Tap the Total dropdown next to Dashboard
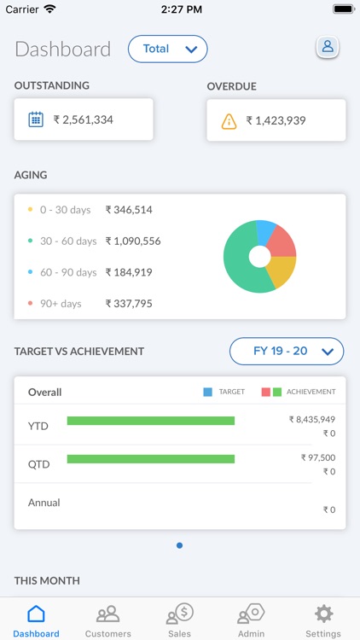[x=168, y=49]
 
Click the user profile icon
[x=328, y=47]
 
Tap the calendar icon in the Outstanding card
[x=36, y=119]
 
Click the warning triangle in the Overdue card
[x=229, y=121]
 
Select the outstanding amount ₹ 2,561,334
[x=84, y=119]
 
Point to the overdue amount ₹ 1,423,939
[x=276, y=121]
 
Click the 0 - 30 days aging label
[x=66, y=209]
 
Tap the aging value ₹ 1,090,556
[x=133, y=241]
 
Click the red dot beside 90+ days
[x=31, y=303]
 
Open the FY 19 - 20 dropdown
[x=287, y=351]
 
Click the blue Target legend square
[x=207, y=392]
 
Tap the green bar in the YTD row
[x=150, y=421]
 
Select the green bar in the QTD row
[x=150, y=459]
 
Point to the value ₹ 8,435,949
[x=312, y=419]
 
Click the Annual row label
[x=44, y=503]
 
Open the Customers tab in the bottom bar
[x=108, y=621]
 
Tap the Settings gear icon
[x=323, y=614]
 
